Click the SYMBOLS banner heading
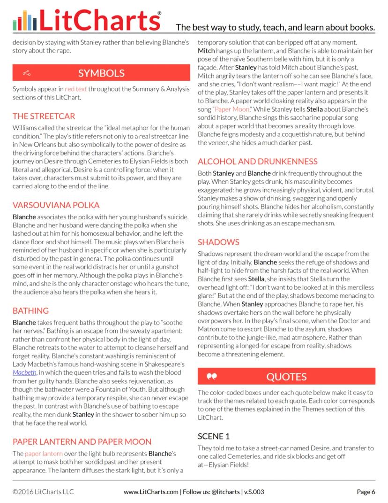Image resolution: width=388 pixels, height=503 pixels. click(x=101, y=73)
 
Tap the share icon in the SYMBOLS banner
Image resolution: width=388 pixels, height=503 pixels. click(x=27, y=73)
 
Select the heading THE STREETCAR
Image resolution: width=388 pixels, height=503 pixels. click(x=44, y=116)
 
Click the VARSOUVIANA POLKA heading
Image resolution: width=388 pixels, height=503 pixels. click(x=56, y=205)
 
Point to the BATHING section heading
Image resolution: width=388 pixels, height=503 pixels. click(x=30, y=311)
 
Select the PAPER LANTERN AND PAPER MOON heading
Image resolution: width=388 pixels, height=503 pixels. click(x=82, y=441)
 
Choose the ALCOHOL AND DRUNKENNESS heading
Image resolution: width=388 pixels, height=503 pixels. click(x=257, y=161)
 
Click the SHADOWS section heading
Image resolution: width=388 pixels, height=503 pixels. click(x=218, y=242)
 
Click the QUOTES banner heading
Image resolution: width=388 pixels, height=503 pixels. click(x=286, y=377)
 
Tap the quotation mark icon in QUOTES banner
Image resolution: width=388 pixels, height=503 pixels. click(x=212, y=377)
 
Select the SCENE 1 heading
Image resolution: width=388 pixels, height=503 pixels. click(x=214, y=436)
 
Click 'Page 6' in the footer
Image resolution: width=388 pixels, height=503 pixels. click(x=366, y=492)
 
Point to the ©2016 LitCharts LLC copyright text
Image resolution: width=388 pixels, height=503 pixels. click(x=43, y=492)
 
